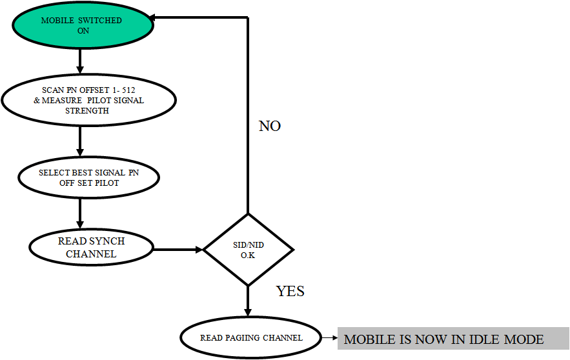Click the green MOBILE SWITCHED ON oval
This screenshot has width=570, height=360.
[x=82, y=25]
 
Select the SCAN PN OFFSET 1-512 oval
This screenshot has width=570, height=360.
[x=88, y=100]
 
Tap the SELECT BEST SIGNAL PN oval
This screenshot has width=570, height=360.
[x=88, y=177]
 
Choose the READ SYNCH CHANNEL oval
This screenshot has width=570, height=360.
[x=91, y=247]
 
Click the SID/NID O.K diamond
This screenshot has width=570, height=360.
[x=249, y=249]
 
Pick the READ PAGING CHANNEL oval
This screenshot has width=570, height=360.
[x=251, y=337]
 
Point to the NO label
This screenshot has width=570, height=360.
[x=270, y=126]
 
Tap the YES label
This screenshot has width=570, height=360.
[x=290, y=292]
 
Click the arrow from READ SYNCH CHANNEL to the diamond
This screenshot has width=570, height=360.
[x=178, y=249]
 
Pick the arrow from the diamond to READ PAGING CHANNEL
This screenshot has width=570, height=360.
[x=249, y=302]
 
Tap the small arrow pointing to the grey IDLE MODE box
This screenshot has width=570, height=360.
[x=329, y=337]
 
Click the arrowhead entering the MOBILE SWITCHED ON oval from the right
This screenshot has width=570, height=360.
[x=158, y=17]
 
